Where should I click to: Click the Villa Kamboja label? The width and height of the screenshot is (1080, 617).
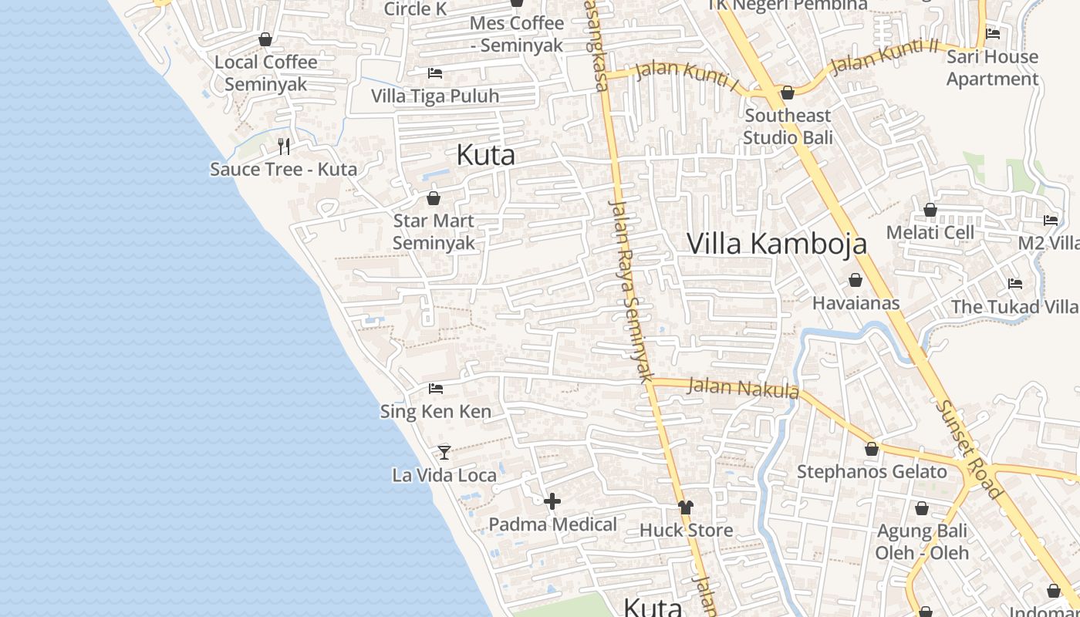click(x=777, y=243)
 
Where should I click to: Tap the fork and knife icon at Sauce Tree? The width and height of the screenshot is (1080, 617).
click(x=284, y=146)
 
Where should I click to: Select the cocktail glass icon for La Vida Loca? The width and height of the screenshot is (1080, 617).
click(x=444, y=452)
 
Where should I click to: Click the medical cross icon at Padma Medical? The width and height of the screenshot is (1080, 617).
click(x=552, y=502)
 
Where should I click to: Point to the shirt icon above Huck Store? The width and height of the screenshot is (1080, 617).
click(x=686, y=507)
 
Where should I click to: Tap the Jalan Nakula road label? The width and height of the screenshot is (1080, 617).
click(x=742, y=387)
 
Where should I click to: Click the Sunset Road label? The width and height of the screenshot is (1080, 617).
click(x=970, y=449)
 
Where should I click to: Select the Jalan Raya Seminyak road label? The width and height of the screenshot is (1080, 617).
click(x=631, y=290)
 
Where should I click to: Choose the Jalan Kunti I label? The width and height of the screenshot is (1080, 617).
click(x=687, y=74)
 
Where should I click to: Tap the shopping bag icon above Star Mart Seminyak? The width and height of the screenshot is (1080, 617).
click(x=434, y=198)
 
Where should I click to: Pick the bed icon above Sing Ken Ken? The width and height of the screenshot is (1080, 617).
click(x=436, y=389)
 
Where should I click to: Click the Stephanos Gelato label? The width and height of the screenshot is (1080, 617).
click(x=872, y=471)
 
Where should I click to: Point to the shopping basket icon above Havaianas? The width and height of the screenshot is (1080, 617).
click(x=856, y=280)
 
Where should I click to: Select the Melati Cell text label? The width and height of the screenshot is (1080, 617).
click(x=930, y=232)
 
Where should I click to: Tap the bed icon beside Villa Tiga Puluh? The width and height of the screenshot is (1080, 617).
click(x=435, y=73)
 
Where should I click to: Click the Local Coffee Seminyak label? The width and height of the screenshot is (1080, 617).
click(x=266, y=72)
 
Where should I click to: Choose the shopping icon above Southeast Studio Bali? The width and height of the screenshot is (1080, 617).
click(x=788, y=93)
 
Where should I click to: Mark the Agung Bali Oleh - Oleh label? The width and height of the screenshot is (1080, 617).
click(x=922, y=541)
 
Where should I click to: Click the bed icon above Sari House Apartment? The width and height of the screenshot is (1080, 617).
click(x=993, y=34)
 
